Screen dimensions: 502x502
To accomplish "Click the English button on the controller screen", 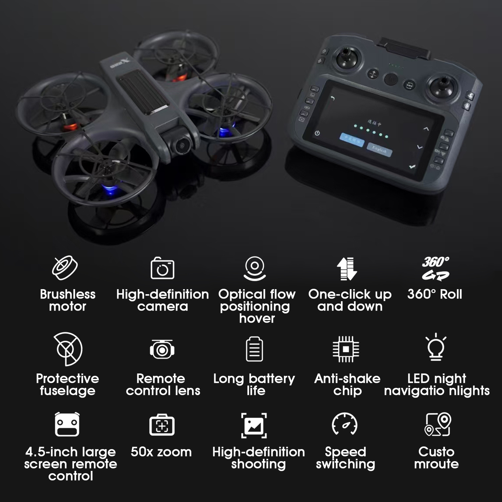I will pos(380,149).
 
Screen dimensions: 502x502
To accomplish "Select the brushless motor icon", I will pos(65,268).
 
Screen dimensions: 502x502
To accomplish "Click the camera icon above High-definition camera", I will pos(163,268).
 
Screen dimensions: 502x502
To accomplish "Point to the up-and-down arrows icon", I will pos(347,268).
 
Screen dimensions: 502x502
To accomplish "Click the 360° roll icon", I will pos(435,268).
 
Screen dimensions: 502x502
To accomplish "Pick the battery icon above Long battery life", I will pos(254,349).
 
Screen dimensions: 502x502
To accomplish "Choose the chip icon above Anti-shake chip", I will pos(346,349).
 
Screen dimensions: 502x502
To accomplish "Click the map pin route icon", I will pos(438,424).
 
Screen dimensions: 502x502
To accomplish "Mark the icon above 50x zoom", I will pos(162,425).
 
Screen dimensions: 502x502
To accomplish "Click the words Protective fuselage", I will pos(68,385).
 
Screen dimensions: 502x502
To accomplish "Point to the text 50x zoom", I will pos(161,452).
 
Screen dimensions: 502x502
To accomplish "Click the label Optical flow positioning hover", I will pos(257,306).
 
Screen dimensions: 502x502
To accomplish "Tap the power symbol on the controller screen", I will pos(317,134).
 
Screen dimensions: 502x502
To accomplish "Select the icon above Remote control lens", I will pos(162,349).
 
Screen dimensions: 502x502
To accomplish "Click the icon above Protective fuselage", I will pos(68,349).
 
